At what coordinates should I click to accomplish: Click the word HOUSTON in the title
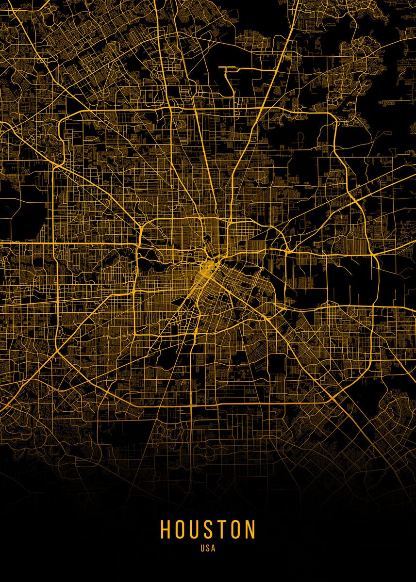coord(208,529)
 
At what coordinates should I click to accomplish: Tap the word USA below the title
coord(208,549)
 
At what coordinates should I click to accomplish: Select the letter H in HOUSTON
coord(166,529)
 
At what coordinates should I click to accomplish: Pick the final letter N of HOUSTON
coord(250,529)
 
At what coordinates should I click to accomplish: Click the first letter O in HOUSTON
coord(180,529)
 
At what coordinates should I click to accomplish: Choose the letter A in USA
coord(213,549)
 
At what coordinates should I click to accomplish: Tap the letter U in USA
coord(202,549)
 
